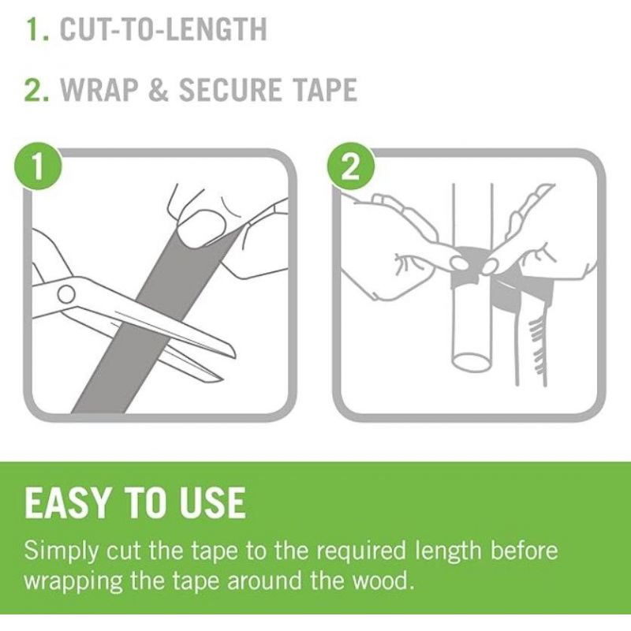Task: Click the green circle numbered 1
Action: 37,167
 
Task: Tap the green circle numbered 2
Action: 350,167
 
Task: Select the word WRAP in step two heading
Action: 99,89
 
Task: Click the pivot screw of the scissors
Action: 66,293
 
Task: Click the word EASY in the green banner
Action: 67,502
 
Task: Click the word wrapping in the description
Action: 73,581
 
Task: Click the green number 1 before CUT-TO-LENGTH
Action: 35,29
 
